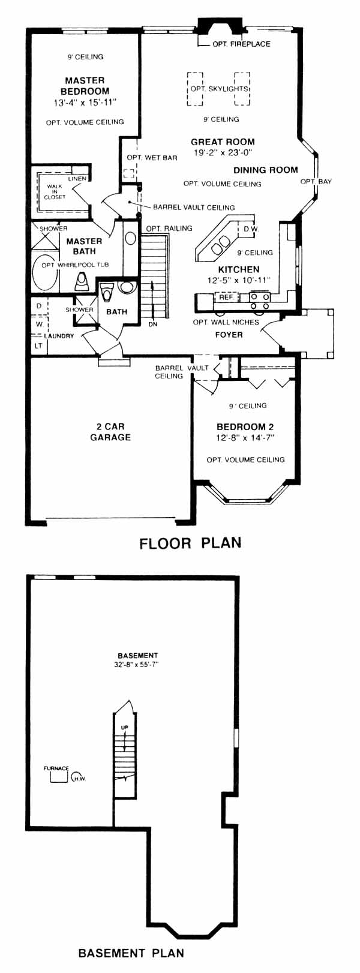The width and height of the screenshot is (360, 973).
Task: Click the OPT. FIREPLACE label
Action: pyautogui.click(x=241, y=44)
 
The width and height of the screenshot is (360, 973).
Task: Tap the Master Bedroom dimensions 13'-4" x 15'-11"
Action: pyautogui.click(x=85, y=103)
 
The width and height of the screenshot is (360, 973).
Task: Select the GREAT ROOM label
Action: pyautogui.click(x=223, y=142)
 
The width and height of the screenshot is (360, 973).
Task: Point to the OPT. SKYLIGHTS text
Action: pyautogui.click(x=220, y=89)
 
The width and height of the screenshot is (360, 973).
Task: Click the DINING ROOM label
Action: pyautogui.click(x=266, y=170)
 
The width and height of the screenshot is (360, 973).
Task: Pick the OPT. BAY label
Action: pyautogui.click(x=316, y=181)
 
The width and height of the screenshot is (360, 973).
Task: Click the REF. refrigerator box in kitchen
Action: pyautogui.click(x=226, y=298)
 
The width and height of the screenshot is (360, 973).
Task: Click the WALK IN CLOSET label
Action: pyautogui.click(x=55, y=191)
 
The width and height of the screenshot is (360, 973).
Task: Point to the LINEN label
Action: pyautogui.click(x=77, y=179)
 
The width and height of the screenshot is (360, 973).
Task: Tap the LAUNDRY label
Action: pyautogui.click(x=59, y=336)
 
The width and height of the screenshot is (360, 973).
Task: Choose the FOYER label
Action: pyautogui.click(x=229, y=335)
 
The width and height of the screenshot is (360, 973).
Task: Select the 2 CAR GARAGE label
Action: pyautogui.click(x=110, y=432)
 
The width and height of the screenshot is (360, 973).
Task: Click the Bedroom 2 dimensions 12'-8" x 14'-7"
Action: pyautogui.click(x=245, y=437)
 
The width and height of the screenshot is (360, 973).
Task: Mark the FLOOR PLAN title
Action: pyautogui.click(x=190, y=543)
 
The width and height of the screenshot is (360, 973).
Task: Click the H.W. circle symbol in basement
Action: pyautogui.click(x=78, y=777)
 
